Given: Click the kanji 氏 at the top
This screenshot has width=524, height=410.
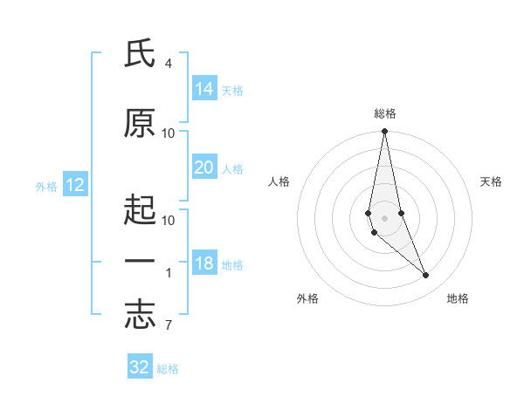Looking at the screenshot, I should click(140, 55).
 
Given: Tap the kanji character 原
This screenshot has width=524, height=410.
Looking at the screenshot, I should click(140, 124).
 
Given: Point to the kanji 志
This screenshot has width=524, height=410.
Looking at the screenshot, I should click(140, 316).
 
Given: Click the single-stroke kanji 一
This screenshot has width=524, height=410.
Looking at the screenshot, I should click(140, 263).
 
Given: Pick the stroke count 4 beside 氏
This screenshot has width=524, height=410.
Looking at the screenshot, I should click(168, 64).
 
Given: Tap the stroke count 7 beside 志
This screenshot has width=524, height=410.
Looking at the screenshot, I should click(168, 326).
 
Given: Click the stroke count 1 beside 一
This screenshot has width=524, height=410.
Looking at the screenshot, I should click(169, 273).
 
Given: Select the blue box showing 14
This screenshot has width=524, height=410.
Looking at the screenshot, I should click(204, 88).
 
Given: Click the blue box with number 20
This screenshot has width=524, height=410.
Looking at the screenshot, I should click(204, 167).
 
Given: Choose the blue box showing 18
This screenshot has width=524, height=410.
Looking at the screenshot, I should click(204, 264).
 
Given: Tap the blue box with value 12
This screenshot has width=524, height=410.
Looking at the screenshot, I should click(74, 185).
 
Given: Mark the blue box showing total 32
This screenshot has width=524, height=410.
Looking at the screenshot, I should click(140, 367).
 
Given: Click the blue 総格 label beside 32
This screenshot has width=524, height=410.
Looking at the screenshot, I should click(168, 369).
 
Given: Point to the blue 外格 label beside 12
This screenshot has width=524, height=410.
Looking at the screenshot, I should click(46, 186).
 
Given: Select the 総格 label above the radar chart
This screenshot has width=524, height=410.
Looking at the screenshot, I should click(385, 113).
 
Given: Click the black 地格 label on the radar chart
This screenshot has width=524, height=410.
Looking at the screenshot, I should click(458, 298).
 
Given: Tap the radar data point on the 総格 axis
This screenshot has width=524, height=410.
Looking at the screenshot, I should click(384, 132).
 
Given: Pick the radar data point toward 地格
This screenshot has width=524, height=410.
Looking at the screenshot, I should click(425, 275).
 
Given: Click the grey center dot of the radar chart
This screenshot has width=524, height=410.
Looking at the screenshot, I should click(384, 216).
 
